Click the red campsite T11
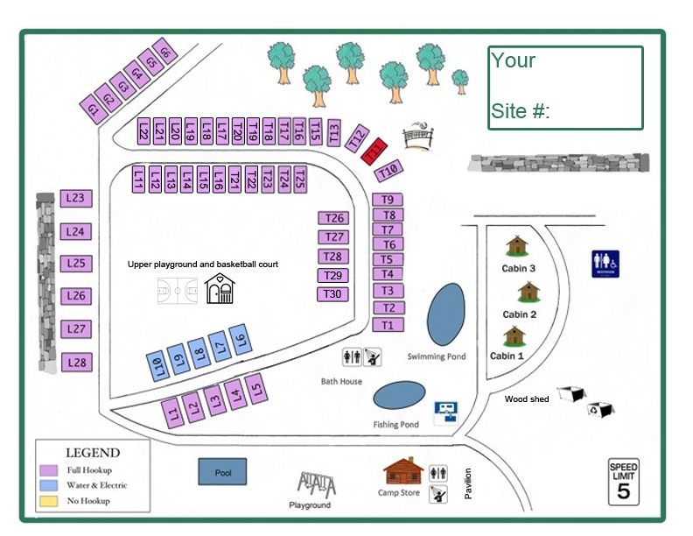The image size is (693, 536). click(374, 152)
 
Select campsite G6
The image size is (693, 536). click(164, 53)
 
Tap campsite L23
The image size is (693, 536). click(75, 199)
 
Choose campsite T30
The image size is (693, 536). click(332, 294)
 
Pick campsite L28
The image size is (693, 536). click(76, 363)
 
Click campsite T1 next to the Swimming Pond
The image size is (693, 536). click(388, 325)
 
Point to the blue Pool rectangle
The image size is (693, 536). click(222, 472)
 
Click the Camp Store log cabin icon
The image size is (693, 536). click(402, 472)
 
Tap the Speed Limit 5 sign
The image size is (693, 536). click(624, 481)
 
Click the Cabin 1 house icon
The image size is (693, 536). click(514, 336)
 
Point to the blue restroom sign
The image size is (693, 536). click(605, 263)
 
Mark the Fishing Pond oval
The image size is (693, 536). click(399, 396)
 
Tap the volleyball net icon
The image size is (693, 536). click(417, 137)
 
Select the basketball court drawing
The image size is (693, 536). click(178, 290)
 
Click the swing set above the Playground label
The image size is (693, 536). click(316, 483)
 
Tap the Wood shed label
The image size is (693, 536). click(527, 399)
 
